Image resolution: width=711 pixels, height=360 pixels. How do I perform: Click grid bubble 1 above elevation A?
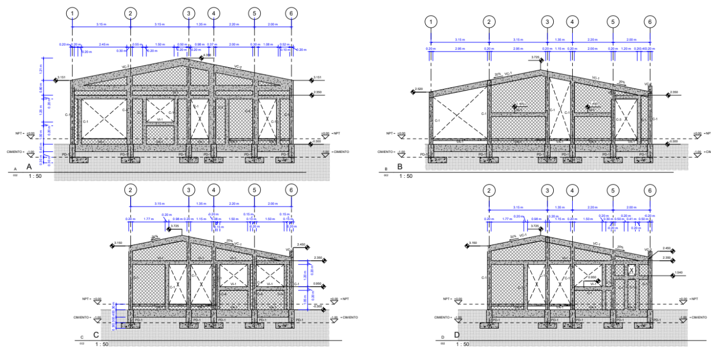pos(72,12)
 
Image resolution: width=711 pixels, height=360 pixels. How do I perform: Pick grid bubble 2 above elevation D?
pos(489,190)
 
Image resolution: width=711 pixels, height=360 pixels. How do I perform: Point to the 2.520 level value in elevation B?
pos(418,89)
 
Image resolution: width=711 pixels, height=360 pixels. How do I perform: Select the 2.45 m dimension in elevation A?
pos(104,44)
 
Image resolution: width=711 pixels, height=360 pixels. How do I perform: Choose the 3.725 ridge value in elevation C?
pos(175,226)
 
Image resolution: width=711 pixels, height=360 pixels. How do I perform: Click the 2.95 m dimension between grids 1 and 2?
pos(460,49)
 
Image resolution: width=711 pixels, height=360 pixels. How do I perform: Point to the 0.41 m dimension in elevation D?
pos(631,219)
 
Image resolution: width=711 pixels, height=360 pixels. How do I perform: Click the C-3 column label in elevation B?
pos(618,119)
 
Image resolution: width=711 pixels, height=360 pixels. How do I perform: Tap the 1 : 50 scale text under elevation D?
pos(463,344)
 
